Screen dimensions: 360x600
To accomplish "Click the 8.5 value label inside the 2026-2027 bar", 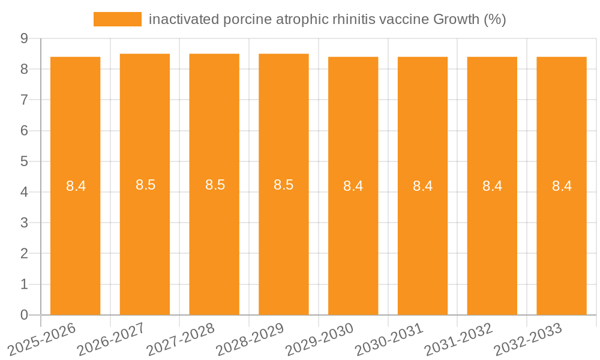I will pos(145,185).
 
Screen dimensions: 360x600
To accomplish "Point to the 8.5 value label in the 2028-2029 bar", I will pos(283,185).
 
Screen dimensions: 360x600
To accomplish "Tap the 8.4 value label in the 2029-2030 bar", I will pos(353,186).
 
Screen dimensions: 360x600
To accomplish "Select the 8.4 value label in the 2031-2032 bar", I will pos(492,186).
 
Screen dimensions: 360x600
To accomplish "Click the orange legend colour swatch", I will pos(118,19).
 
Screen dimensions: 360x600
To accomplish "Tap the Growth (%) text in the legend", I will pos(469,19).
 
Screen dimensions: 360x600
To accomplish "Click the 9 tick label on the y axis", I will pos(24,38).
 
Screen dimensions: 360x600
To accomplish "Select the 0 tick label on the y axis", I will pos(24,315).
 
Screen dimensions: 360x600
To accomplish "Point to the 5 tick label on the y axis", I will pos(24,161).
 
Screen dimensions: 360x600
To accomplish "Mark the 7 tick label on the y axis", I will pos(24,100).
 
